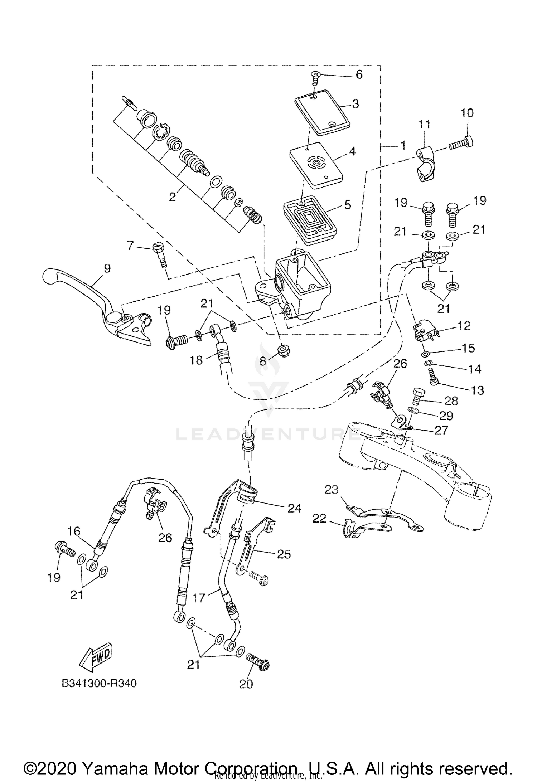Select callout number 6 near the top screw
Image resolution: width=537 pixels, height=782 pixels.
click(359, 74)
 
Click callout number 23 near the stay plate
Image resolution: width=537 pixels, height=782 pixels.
click(331, 490)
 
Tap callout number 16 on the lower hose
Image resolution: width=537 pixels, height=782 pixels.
click(73, 531)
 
